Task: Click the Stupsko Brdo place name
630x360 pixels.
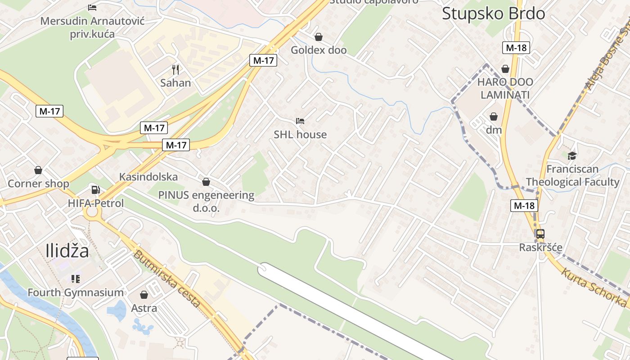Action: click(x=493, y=13)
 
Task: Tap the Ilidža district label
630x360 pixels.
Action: click(x=67, y=251)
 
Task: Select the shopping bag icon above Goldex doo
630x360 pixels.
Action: click(x=319, y=37)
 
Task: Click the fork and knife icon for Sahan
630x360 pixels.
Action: click(x=175, y=70)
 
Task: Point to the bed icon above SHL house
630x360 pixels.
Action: click(x=300, y=121)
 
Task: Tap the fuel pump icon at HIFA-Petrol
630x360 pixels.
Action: click(x=95, y=190)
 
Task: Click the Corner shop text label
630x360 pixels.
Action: click(x=38, y=184)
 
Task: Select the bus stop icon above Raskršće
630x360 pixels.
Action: click(x=540, y=234)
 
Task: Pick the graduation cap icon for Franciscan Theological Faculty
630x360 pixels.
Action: click(x=572, y=156)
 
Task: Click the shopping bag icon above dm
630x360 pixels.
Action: click(x=494, y=117)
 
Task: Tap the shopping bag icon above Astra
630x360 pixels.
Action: click(x=144, y=295)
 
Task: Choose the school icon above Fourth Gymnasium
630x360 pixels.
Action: click(x=76, y=279)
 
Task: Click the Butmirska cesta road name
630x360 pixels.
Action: click(x=166, y=279)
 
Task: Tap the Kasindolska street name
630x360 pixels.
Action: click(x=148, y=177)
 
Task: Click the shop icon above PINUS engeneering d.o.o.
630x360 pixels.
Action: click(x=206, y=182)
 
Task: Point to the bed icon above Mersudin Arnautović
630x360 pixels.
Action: click(x=92, y=8)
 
